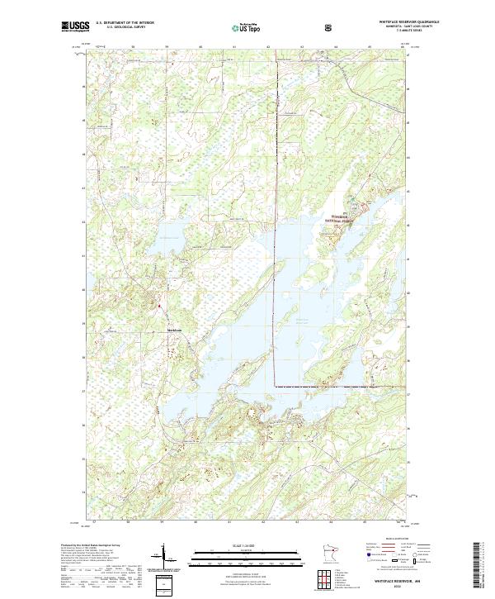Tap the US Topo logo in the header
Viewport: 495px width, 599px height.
click(237, 27)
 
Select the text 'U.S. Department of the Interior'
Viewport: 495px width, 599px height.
click(125, 23)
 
